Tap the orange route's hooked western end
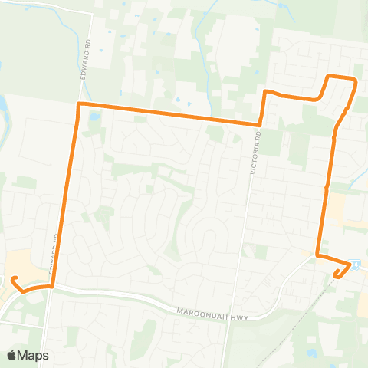tap(13, 279)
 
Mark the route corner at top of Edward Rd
tap(78, 103)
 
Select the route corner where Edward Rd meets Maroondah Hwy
tap(53, 286)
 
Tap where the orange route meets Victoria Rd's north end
tap(261, 123)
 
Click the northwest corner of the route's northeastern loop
tap(330, 77)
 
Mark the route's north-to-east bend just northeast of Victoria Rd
tap(265, 91)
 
